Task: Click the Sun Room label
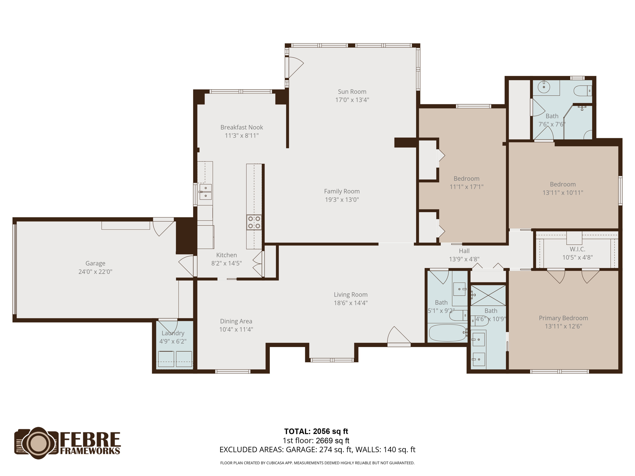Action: coord(352,92)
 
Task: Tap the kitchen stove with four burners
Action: coord(254,223)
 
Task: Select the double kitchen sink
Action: coord(205,192)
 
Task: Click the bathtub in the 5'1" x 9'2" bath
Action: coord(447,333)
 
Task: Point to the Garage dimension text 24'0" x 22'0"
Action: coord(95,272)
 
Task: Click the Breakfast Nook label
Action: coord(242,127)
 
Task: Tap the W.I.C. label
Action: coord(577,249)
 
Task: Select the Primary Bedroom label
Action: coord(563,318)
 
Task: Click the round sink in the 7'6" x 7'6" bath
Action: coord(544,87)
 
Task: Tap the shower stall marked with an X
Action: coord(488,295)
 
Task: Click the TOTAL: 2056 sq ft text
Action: coord(316,431)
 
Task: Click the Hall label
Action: coord(464,251)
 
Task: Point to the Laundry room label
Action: coord(173,333)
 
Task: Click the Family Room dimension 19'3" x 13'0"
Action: coord(342,200)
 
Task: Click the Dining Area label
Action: coord(236,321)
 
